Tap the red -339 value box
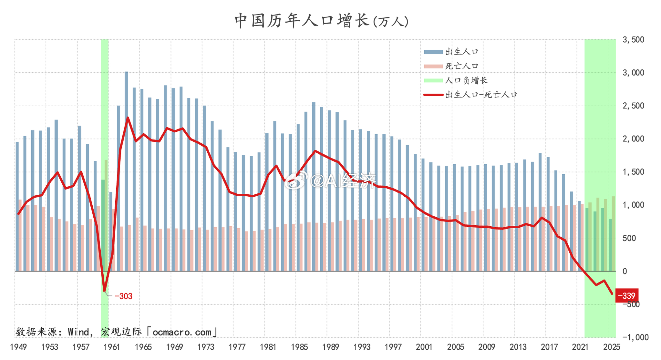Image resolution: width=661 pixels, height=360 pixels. pyautogui.click(x=626, y=296)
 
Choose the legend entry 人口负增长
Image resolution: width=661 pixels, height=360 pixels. pyautogui.click(x=466, y=80)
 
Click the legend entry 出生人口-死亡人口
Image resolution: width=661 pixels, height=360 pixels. pyautogui.click(x=481, y=95)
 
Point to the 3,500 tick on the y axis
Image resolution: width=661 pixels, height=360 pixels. pyautogui.click(x=633, y=40)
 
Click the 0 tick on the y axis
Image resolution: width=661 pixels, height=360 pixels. pyautogui.click(x=625, y=271)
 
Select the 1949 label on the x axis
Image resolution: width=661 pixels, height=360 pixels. pyautogui.click(x=18, y=347)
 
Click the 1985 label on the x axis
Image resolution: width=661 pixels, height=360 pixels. pyautogui.click(x=299, y=347)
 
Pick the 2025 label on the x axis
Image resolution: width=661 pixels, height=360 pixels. pyautogui.click(x=611, y=347)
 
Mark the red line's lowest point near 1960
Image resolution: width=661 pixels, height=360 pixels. pyautogui.click(x=104, y=291)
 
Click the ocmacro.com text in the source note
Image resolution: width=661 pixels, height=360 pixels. pyautogui.click(x=182, y=332)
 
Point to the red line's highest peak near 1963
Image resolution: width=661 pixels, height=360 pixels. pyautogui.click(x=128, y=118)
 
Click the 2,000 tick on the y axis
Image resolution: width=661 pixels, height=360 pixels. pyautogui.click(x=633, y=139)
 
